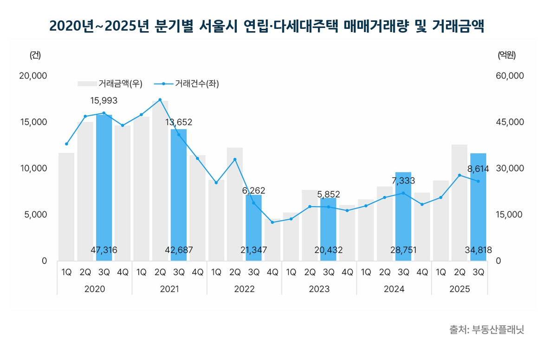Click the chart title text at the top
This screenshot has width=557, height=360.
click(x=267, y=26)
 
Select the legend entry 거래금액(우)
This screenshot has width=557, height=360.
click(x=110, y=84)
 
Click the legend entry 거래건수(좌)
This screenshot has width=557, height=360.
click(x=186, y=84)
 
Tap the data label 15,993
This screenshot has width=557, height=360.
click(x=104, y=101)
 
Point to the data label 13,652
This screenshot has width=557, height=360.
click(x=179, y=123)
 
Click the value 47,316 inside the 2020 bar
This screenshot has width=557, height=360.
click(x=104, y=250)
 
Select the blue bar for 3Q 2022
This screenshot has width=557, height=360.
click(x=253, y=228)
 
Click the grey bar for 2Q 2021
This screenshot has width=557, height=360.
click(x=160, y=186)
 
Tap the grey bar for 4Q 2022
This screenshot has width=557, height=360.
click(x=272, y=242)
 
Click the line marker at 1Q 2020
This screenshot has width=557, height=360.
click(x=66, y=144)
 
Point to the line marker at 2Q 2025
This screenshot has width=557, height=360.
click(x=459, y=175)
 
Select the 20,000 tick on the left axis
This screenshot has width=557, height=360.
click(x=33, y=76)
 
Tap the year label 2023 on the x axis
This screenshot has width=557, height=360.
click(x=319, y=289)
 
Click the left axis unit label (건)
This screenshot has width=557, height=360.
click(x=35, y=55)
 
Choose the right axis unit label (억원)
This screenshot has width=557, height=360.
click(x=506, y=55)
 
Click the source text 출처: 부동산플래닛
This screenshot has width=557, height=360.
click(x=486, y=330)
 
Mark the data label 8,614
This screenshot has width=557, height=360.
click(x=478, y=169)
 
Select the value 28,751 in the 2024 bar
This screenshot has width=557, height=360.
click(x=403, y=250)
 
